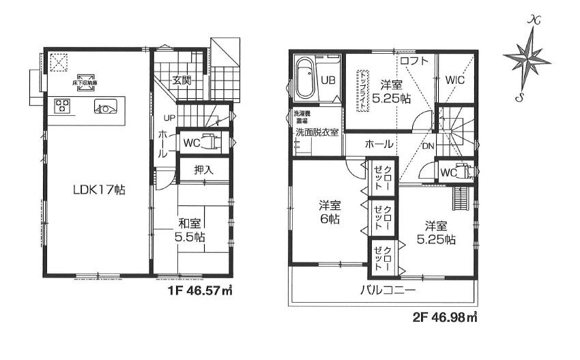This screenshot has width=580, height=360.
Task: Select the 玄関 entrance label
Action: [x=181, y=80]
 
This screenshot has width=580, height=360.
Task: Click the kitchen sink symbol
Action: [x=106, y=106]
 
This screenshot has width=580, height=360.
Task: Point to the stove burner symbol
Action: [x=63, y=106]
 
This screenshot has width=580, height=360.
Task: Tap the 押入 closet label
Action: [x=203, y=170]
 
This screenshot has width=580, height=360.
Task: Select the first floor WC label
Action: [x=191, y=142]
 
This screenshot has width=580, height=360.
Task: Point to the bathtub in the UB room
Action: [x=304, y=79]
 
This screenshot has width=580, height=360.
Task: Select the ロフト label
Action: [x=414, y=61]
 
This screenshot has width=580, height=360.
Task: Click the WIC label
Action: [x=455, y=80]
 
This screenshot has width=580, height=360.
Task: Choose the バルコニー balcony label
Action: [x=388, y=290]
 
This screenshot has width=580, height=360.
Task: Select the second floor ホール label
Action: [x=379, y=145]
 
